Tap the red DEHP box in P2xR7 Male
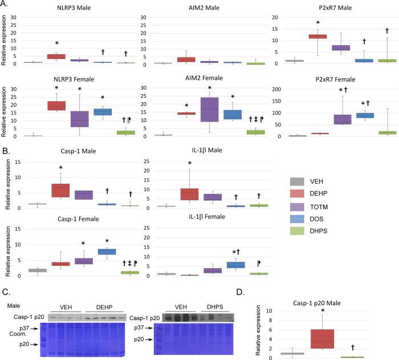point(317,37)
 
